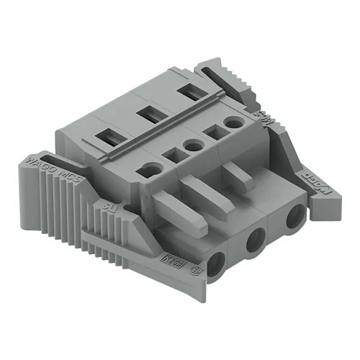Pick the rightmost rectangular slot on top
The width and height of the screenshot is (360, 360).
click(x=189, y=91)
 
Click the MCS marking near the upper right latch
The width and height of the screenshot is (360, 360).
click(x=264, y=117)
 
